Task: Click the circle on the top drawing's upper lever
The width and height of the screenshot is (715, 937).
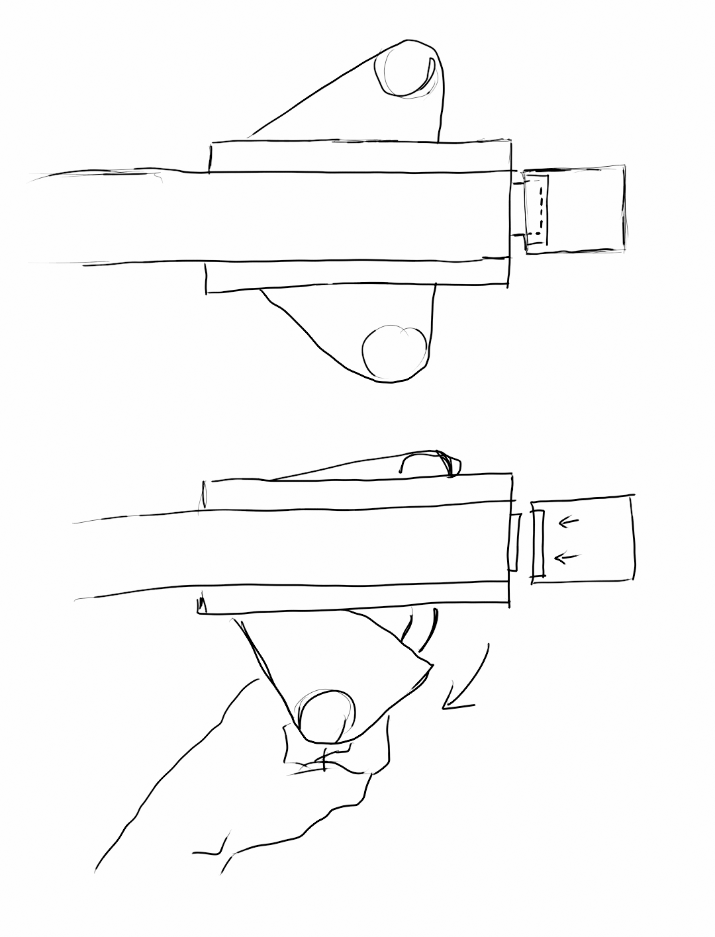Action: click(405, 69)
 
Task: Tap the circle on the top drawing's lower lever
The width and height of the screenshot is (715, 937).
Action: click(395, 353)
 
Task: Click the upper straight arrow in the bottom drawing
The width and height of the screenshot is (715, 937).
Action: click(568, 523)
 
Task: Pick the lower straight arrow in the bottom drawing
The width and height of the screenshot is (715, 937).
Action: click(564, 558)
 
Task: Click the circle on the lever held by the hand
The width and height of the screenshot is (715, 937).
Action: click(327, 716)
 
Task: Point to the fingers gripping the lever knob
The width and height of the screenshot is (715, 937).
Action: click(324, 761)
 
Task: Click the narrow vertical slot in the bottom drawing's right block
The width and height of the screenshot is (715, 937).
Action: click(538, 543)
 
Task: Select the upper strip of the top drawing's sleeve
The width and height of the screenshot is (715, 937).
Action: click(358, 156)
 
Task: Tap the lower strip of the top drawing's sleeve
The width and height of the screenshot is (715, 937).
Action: click(358, 275)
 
